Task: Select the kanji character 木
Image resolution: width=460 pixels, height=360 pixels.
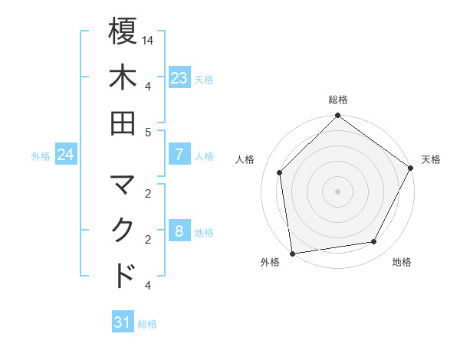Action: (x=123, y=77)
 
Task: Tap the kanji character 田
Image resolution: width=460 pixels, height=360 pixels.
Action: (x=123, y=123)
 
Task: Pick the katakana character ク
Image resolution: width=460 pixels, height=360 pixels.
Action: (x=123, y=231)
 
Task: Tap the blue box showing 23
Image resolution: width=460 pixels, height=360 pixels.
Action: (x=179, y=78)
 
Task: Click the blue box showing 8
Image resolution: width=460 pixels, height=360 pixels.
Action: (x=179, y=232)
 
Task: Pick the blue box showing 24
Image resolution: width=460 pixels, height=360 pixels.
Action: (x=65, y=155)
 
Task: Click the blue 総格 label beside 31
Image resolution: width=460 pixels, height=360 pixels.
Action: (x=147, y=324)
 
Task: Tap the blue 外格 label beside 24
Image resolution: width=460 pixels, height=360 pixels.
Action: (x=41, y=156)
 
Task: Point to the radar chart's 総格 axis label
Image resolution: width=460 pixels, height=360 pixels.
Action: (x=338, y=100)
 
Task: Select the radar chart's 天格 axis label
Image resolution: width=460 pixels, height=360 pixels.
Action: (x=431, y=159)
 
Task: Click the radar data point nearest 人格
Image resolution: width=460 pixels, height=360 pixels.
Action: (x=280, y=172)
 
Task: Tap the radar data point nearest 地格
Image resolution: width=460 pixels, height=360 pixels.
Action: (x=374, y=241)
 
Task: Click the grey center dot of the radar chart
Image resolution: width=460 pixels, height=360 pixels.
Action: (x=338, y=191)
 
